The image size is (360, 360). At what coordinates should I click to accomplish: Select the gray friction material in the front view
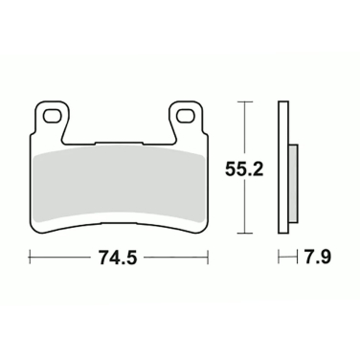point(120,182)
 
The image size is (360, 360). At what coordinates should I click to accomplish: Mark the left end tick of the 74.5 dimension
point(31,257)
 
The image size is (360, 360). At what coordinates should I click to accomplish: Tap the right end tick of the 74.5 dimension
point(209,257)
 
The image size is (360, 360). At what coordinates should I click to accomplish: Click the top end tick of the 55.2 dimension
point(247,101)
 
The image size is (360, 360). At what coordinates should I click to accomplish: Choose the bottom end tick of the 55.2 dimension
point(247,231)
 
